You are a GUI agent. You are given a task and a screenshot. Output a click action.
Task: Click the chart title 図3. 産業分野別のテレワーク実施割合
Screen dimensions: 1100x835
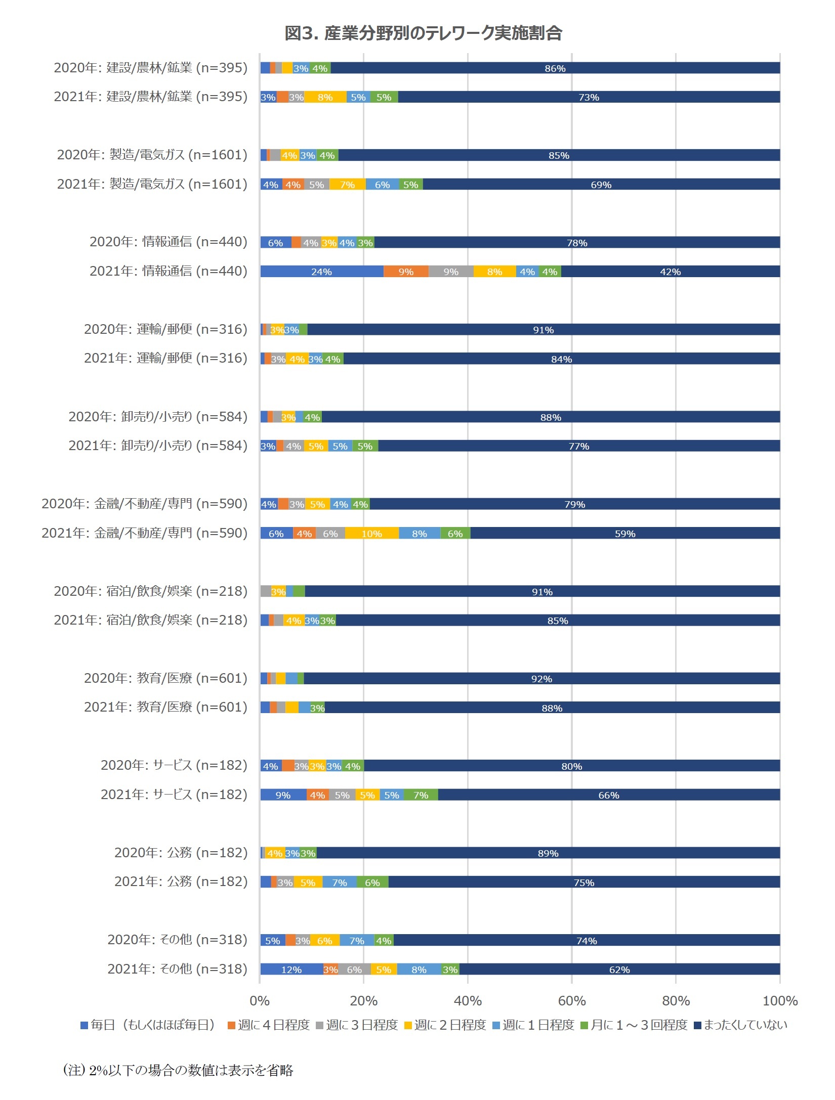[423, 33]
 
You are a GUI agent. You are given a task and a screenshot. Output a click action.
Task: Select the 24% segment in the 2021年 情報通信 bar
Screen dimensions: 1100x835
[321, 272]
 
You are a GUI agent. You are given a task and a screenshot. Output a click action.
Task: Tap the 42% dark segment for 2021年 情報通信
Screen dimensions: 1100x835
[670, 272]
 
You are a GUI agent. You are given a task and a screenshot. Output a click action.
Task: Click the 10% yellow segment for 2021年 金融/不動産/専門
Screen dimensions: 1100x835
[371, 534]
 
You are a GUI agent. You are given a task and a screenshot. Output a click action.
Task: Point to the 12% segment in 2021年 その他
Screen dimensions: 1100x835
[291, 970]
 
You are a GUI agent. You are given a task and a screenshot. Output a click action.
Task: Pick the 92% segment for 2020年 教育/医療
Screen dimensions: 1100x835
[541, 679]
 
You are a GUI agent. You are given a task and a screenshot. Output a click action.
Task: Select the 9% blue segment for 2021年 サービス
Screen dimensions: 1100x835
[283, 795]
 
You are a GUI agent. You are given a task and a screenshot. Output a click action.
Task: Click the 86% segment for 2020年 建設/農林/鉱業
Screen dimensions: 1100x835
[555, 68]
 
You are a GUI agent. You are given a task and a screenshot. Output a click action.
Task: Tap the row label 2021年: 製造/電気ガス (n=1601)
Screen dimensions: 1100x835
[152, 184]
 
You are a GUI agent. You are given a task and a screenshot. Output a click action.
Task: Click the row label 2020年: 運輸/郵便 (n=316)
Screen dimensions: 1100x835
[165, 329]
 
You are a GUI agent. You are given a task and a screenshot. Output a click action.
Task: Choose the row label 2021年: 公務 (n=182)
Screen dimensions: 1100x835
[181, 882]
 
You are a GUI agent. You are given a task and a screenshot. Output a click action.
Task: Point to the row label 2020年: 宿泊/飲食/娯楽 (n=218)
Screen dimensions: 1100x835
[150, 591]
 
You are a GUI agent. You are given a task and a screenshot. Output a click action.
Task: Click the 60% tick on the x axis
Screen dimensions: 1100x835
[572, 1001]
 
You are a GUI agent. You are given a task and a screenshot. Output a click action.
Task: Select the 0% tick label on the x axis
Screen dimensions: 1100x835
[260, 1001]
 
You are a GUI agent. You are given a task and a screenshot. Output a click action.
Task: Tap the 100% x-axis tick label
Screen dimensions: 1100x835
[780, 1001]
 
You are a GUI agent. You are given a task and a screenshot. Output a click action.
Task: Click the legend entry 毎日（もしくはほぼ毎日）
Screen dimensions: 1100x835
[148, 1025]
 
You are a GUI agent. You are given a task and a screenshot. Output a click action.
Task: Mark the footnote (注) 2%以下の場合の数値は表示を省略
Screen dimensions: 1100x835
[178, 1071]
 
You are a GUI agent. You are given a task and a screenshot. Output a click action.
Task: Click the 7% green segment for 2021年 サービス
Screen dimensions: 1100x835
[421, 795]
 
